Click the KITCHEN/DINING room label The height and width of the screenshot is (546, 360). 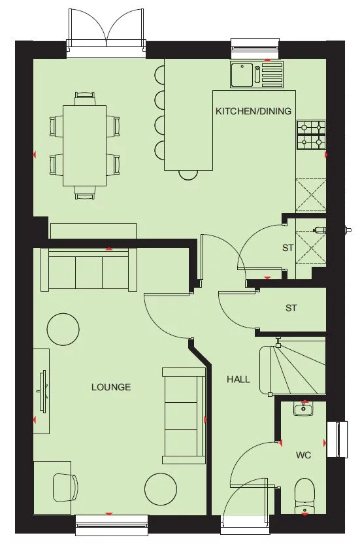click(254, 111)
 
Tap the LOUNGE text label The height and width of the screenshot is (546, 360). click(111, 387)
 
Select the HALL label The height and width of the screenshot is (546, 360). click(238, 379)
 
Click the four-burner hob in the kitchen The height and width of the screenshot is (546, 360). click(311, 135)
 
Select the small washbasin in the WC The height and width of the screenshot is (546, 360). click(303, 410)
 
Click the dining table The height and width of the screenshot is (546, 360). click(85, 145)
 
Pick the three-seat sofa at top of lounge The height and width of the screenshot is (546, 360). click(89, 269)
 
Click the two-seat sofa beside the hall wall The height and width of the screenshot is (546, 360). click(184, 412)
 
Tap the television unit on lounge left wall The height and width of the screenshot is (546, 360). click(42, 390)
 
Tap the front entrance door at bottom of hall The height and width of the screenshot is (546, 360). click(244, 517)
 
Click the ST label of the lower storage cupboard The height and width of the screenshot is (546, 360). click(291, 307)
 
